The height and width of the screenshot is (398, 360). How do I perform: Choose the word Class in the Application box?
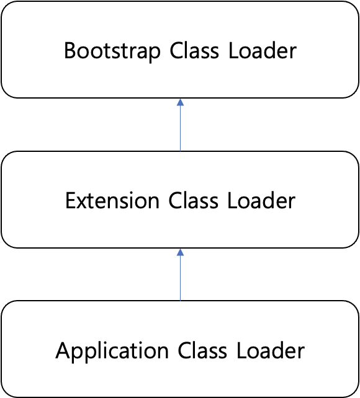point(204,351)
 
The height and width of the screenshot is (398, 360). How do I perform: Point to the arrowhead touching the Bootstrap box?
point(180,102)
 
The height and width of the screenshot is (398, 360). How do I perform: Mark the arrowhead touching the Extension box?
point(180,252)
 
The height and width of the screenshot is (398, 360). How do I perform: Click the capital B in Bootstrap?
point(70,50)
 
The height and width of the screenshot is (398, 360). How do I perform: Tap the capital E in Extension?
point(70,201)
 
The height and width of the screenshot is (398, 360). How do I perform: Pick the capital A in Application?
point(62,351)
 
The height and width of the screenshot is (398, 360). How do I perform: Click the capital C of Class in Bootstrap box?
point(177,50)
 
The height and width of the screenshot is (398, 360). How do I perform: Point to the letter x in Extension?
point(83,203)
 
